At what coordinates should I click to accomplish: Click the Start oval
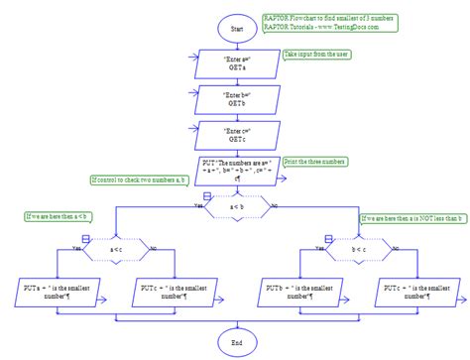tap(235, 30)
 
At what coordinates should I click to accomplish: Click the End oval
tap(235, 343)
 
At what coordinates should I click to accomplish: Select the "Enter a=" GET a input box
tap(236, 61)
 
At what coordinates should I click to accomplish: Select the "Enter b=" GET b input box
tap(236, 98)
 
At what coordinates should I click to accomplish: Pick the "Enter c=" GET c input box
tap(236, 134)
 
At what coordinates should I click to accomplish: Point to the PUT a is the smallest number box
tap(56, 290)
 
